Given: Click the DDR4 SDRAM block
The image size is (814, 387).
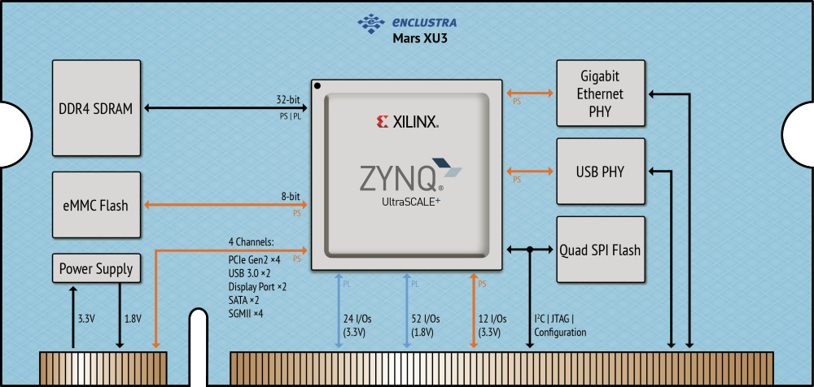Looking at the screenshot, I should click(x=97, y=108).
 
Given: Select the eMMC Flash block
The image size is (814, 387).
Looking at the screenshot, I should click(x=97, y=206).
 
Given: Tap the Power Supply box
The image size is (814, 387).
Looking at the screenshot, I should click(x=97, y=268).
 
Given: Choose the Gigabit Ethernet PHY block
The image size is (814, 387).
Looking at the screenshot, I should click(x=601, y=93).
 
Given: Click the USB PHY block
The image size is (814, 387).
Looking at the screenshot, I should click(x=601, y=172).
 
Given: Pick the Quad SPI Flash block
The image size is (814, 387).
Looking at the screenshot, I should click(x=601, y=250).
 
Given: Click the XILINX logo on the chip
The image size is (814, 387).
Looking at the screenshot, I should click(x=408, y=123).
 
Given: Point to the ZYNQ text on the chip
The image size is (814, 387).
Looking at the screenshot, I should click(x=396, y=177).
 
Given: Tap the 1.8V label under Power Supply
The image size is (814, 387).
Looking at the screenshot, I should click(x=132, y=319).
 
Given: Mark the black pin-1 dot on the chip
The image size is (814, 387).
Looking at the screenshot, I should click(x=318, y=85).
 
